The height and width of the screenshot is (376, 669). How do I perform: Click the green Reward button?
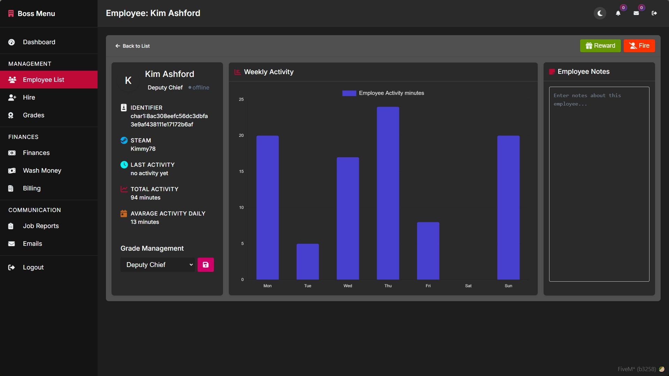600,46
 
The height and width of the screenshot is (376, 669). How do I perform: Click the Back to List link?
132,46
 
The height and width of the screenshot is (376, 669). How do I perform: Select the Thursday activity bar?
388,193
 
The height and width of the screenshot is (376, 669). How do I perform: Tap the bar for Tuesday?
308,261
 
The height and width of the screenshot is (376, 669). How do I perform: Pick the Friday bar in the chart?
428,251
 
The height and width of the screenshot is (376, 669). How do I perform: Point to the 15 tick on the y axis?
241,172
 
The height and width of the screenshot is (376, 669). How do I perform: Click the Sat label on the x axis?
468,286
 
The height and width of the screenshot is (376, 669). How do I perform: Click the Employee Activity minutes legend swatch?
349,93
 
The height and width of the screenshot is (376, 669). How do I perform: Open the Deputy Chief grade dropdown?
157,265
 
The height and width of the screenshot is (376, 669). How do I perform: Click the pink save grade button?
206,265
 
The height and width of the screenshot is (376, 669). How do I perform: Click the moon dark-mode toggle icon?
600,13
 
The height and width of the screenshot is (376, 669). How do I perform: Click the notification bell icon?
618,13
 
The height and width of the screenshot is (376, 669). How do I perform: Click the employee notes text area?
599,184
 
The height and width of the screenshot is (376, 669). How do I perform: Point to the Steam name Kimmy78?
143,149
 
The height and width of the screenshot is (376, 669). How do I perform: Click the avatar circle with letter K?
128,80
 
